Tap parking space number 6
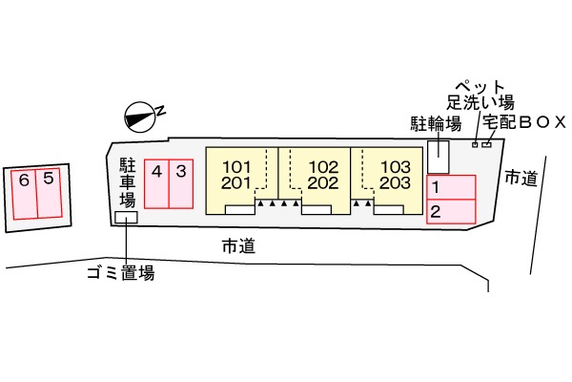[24, 192]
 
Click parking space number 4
[156, 182]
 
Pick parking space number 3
[180, 182]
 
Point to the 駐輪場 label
[437, 124]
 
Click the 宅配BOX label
[524, 122]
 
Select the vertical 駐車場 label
[126, 182]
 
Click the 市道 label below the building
[237, 246]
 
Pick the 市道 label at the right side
[521, 178]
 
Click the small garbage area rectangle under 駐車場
[125, 218]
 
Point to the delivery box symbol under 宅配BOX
[487, 144]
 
